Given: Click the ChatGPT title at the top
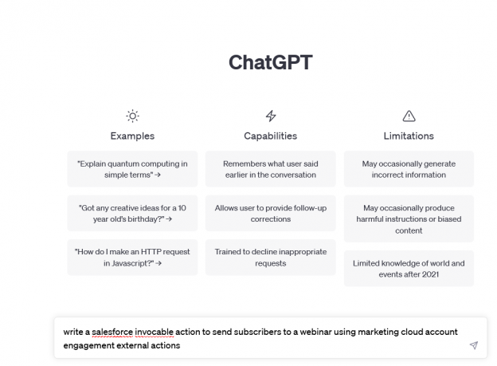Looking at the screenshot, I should click(270, 62).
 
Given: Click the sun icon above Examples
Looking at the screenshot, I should click(132, 116).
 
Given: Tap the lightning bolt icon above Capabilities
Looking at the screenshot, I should click(270, 116).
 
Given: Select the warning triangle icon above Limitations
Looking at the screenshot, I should click(409, 116).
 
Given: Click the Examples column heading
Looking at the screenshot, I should click(132, 136).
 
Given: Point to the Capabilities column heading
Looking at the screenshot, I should click(270, 136).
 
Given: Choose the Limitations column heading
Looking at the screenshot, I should click(409, 136).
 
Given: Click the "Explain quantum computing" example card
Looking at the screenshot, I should click(132, 169).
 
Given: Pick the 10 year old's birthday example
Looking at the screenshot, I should click(132, 213).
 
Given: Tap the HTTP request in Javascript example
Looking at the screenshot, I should click(132, 257).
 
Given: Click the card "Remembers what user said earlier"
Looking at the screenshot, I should click(270, 169).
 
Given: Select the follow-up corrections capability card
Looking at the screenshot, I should click(270, 213).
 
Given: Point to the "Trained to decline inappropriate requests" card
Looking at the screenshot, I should click(270, 257).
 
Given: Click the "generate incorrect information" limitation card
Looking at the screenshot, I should click(409, 169).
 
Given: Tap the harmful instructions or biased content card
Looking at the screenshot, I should click(409, 218).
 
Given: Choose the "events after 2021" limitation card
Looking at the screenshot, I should click(409, 268).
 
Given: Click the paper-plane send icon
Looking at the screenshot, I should click(473, 345).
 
